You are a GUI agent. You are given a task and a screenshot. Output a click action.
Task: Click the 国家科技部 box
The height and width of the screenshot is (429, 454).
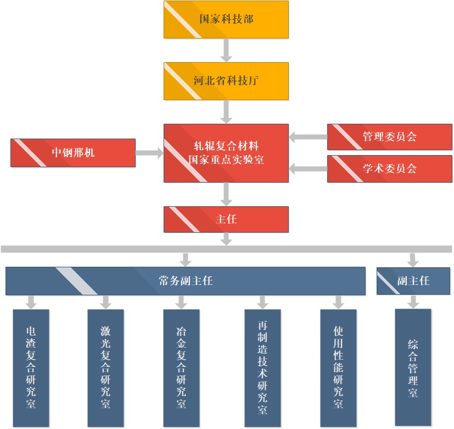click(x=226, y=19)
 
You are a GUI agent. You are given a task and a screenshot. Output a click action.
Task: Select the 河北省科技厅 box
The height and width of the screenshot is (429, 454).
click(x=226, y=81)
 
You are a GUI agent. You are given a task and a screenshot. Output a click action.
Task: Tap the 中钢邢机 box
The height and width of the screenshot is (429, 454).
click(x=73, y=153)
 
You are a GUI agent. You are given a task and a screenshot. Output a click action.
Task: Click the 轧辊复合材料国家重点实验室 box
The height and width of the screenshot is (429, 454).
click(x=226, y=153)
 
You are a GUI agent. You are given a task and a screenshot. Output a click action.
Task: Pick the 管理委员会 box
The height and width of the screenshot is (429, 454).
click(x=390, y=137)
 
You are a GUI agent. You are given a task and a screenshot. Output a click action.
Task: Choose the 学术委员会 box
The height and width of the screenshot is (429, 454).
click(x=390, y=169)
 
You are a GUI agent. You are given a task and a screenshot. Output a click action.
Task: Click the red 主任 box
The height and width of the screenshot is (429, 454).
click(x=226, y=219)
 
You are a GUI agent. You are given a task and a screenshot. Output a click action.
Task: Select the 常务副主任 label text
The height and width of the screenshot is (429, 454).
click(x=186, y=281)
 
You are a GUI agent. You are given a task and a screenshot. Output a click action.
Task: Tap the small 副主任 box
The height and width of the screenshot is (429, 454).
click(x=413, y=281)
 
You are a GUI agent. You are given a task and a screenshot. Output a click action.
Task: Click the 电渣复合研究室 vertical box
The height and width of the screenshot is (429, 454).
click(x=31, y=368)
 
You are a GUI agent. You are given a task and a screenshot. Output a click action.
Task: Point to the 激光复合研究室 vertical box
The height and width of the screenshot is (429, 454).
click(x=105, y=368)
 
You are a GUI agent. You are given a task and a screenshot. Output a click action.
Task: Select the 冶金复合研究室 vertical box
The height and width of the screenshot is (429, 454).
click(x=181, y=368)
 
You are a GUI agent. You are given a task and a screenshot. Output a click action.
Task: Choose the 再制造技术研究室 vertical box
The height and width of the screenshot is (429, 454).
click(x=262, y=368)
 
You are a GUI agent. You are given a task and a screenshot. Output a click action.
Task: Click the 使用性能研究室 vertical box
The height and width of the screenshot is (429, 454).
click(x=338, y=368)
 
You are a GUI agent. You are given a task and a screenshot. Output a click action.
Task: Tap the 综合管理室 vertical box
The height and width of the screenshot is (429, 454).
click(x=413, y=368)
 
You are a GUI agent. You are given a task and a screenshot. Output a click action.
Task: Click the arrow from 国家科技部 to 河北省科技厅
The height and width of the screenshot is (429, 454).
click(x=226, y=50)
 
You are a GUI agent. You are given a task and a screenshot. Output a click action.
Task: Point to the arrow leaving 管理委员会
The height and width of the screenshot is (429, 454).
click(x=308, y=137)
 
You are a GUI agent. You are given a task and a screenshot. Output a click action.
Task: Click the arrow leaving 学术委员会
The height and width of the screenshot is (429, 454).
click(x=308, y=169)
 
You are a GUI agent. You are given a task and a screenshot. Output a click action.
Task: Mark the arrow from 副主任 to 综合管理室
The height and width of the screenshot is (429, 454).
click(x=413, y=301)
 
